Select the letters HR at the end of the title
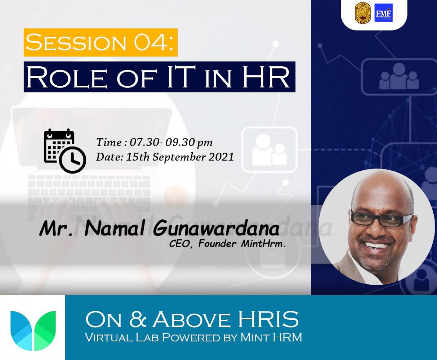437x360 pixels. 266,77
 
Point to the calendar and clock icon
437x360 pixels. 65,151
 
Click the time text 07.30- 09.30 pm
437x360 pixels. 171,143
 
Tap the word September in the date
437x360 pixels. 179,157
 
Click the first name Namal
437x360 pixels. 115,228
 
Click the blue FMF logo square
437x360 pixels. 383,13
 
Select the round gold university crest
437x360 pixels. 363,13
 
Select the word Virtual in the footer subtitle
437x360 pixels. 108,337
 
